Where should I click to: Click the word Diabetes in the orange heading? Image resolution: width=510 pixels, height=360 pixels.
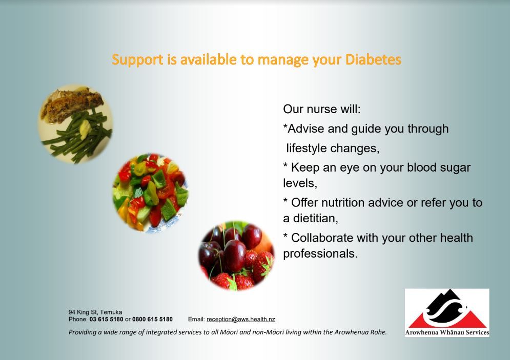(x=373, y=59)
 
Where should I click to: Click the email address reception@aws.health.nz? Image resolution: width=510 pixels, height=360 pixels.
(x=241, y=319)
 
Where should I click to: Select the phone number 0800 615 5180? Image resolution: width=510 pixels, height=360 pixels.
(x=152, y=319)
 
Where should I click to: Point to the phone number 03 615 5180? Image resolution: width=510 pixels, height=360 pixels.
(x=107, y=319)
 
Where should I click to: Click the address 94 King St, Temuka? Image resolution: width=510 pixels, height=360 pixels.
(x=95, y=312)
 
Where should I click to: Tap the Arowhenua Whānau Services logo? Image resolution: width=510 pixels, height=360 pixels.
(x=447, y=312)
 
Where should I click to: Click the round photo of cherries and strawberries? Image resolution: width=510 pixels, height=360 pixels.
(x=236, y=256)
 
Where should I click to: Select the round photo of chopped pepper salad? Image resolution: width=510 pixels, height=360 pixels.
(x=150, y=193)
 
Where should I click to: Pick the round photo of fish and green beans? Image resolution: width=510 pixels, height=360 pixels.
(x=76, y=124)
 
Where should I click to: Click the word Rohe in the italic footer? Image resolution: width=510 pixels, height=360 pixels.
(x=378, y=332)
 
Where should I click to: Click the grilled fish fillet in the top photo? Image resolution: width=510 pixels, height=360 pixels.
(x=72, y=104)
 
